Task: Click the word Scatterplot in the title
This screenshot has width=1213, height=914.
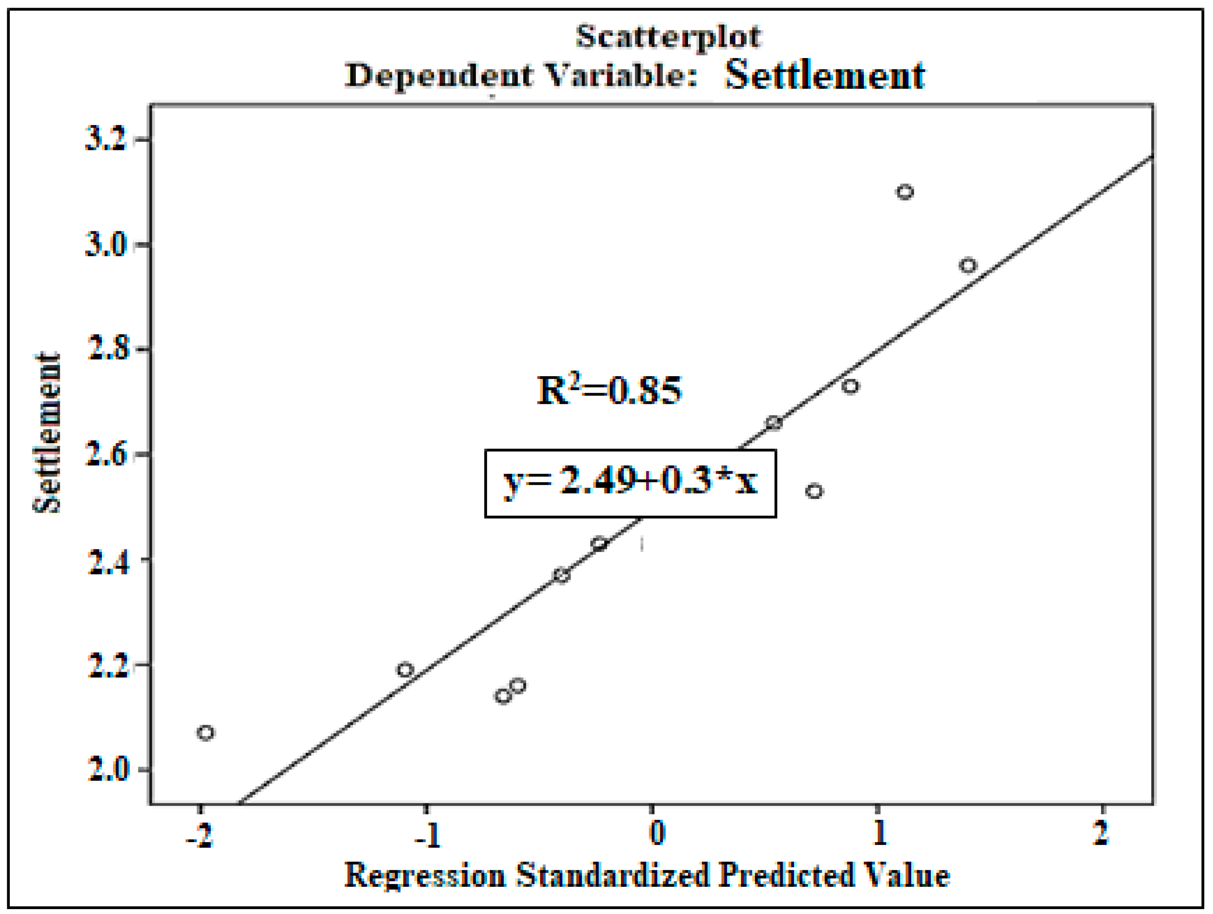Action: click(x=667, y=36)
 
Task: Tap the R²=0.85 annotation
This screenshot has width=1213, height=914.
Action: click(x=609, y=391)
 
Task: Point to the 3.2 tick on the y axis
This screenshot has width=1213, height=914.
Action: click(x=107, y=140)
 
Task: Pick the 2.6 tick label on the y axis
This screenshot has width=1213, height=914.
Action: click(x=108, y=454)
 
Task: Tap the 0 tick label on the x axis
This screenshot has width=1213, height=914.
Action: click(x=656, y=833)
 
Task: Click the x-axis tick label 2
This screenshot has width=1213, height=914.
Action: click(x=1100, y=833)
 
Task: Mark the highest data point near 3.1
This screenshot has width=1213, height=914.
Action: click(x=905, y=192)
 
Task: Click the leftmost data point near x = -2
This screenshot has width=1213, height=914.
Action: click(x=206, y=732)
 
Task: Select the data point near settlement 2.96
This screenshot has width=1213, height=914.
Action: click(x=968, y=266)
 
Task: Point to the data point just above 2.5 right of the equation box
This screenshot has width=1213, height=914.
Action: click(x=814, y=491)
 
